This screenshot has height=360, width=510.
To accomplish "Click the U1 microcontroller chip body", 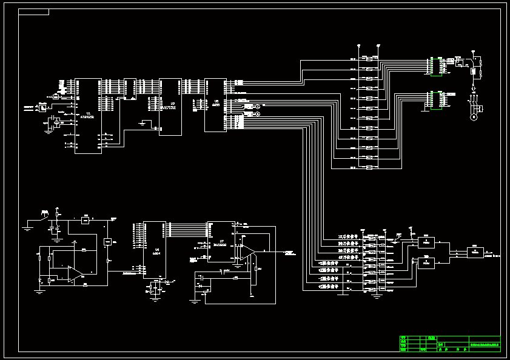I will pyautogui.click(x=88, y=116).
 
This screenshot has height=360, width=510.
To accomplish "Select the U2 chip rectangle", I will pyautogui.click(x=170, y=107).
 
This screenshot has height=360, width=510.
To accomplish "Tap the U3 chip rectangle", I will pyautogui.click(x=215, y=104).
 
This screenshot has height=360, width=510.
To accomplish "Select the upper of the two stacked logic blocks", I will pyautogui.click(x=426, y=242).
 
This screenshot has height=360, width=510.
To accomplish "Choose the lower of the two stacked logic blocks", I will pyautogui.click(x=426, y=263).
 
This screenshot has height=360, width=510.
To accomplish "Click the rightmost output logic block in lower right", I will pyautogui.click(x=475, y=253).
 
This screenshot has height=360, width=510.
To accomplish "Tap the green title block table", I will pyautogui.click(x=450, y=344).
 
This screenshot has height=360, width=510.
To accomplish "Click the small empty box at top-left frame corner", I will pyautogui.click(x=34, y=12).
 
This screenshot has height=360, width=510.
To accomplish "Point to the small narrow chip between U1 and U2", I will pyautogui.click(x=129, y=88).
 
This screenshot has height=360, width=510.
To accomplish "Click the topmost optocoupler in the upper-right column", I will pyautogui.click(x=369, y=59).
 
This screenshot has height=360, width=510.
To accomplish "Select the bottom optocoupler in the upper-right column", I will pyautogui.click(x=369, y=167).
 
